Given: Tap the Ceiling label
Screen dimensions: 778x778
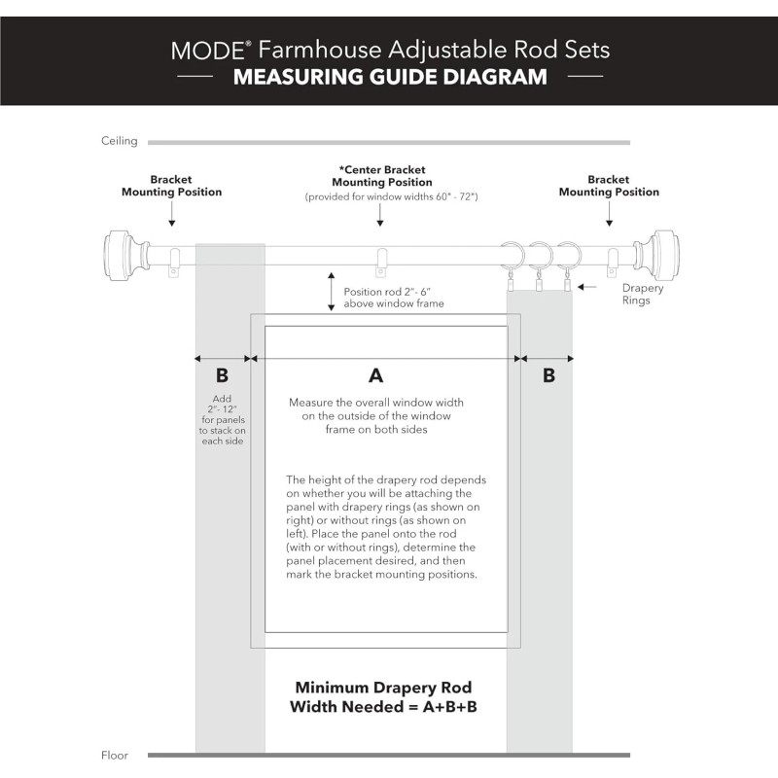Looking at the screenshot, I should (120, 141).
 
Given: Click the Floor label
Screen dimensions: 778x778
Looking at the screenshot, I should (115, 755).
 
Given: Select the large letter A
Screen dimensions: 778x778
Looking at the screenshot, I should (375, 374).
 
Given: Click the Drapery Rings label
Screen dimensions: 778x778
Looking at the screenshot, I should (643, 295).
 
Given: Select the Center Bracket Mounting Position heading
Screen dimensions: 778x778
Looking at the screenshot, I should (382, 176).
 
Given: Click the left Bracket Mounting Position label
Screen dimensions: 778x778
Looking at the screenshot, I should (171, 186).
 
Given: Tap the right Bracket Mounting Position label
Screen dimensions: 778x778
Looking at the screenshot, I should (609, 186).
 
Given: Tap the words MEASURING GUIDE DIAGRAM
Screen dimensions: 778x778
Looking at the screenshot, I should (390, 77).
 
